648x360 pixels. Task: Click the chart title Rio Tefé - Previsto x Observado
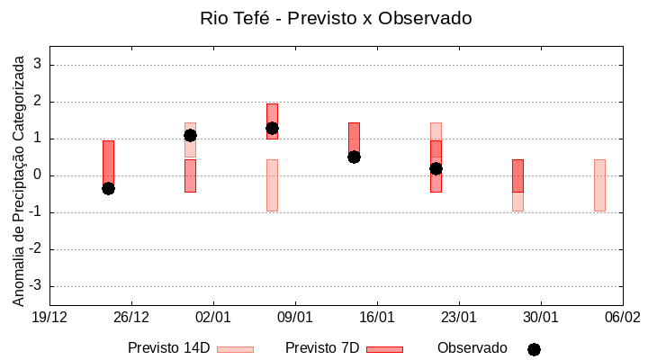(x=336, y=18)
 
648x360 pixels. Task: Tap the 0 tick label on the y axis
(x=37, y=175)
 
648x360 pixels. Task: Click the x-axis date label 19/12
(x=49, y=318)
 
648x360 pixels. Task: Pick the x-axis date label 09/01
(x=295, y=318)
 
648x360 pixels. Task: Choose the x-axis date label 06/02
(x=622, y=318)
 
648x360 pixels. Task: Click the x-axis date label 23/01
(x=459, y=318)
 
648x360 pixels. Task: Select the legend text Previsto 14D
(x=168, y=348)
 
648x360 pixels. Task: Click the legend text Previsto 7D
(x=322, y=348)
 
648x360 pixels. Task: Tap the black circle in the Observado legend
(x=534, y=349)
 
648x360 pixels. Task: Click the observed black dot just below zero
(x=108, y=188)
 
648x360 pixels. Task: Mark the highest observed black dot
(x=272, y=128)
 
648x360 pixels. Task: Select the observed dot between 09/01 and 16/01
(x=354, y=157)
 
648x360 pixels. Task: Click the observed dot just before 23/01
(x=436, y=168)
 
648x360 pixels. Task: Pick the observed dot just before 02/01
(x=190, y=135)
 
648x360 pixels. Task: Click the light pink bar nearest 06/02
(x=599, y=184)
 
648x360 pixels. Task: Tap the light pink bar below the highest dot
(x=272, y=184)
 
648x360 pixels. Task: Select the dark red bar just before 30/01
(x=517, y=175)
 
